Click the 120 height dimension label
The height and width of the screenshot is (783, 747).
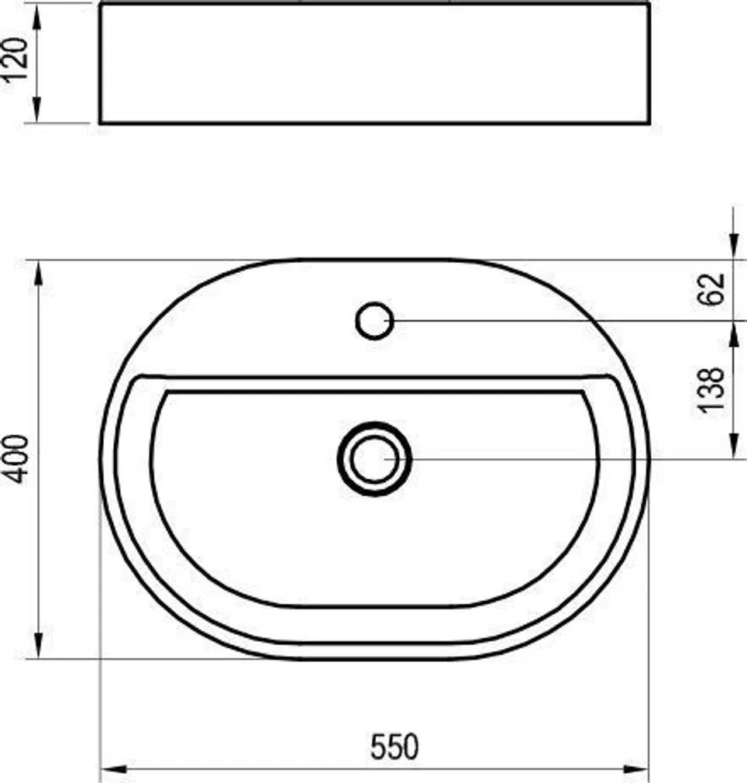pos(17,62)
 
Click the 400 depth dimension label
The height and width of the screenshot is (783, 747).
pos(17,459)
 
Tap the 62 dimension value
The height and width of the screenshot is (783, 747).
pos(714,288)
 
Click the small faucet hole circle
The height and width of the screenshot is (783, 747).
pos(375,320)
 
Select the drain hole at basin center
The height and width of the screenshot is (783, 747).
pos(375,459)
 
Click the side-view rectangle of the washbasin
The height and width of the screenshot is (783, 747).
pos(374,62)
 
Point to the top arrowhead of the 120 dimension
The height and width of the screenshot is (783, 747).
pos(36,12)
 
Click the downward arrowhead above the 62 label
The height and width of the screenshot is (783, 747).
pos(732,248)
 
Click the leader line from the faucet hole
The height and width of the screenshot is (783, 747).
pos(542,320)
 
